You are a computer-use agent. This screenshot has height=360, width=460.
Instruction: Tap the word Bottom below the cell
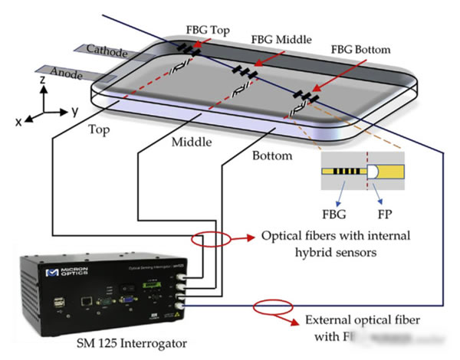pyautogui.click(x=271, y=155)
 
